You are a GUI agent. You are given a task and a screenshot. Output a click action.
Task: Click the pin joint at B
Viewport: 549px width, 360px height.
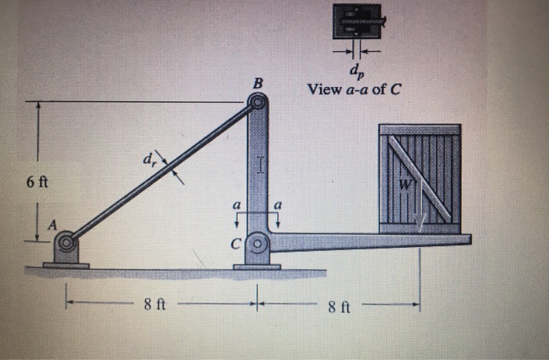[256, 102]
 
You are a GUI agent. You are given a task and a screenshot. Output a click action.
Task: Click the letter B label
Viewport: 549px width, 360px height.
[258, 84]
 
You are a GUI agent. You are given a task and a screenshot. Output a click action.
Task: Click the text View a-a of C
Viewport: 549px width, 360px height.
[354, 89]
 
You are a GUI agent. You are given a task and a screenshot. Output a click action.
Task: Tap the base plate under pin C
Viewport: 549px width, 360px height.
[256, 267]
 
